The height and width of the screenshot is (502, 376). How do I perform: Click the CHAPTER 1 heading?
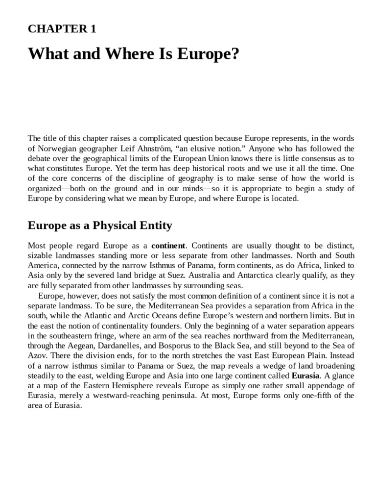(x=62, y=29)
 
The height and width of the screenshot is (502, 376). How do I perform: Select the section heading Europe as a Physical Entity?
(x=100, y=226)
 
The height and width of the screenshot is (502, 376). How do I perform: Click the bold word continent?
(x=168, y=245)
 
